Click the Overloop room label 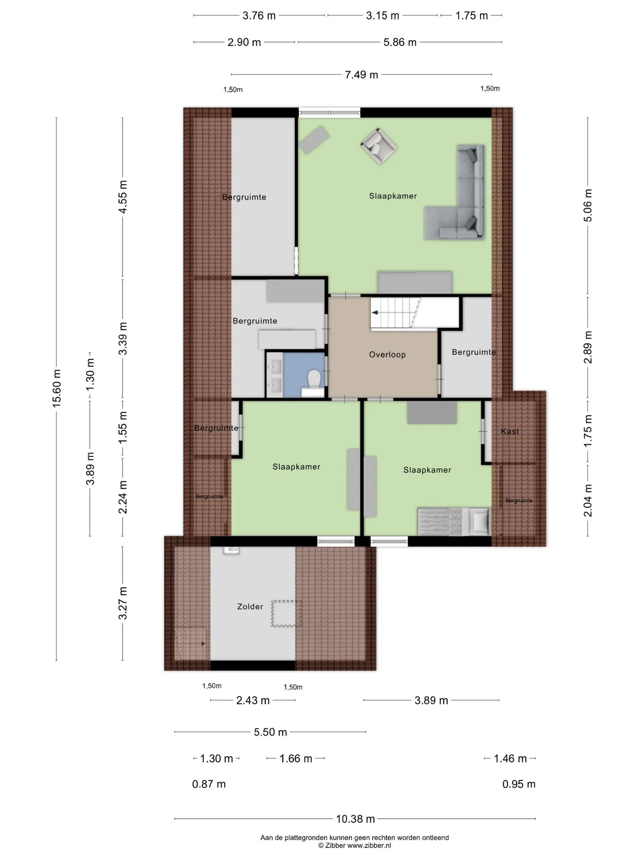[x=387, y=355]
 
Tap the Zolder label [x=250, y=607]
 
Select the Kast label [x=510, y=432]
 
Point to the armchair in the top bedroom [x=379, y=146]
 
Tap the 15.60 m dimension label [x=56, y=388]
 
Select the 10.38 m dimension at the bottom [x=356, y=819]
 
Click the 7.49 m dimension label [x=361, y=75]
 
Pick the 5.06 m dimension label [x=588, y=205]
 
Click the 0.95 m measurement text [x=519, y=784]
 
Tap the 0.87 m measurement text [x=209, y=784]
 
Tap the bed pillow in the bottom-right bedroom [x=481, y=520]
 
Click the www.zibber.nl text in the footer [x=369, y=846]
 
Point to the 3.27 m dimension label [x=123, y=603]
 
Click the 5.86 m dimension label [x=400, y=43]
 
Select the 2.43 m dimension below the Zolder [x=253, y=700]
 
